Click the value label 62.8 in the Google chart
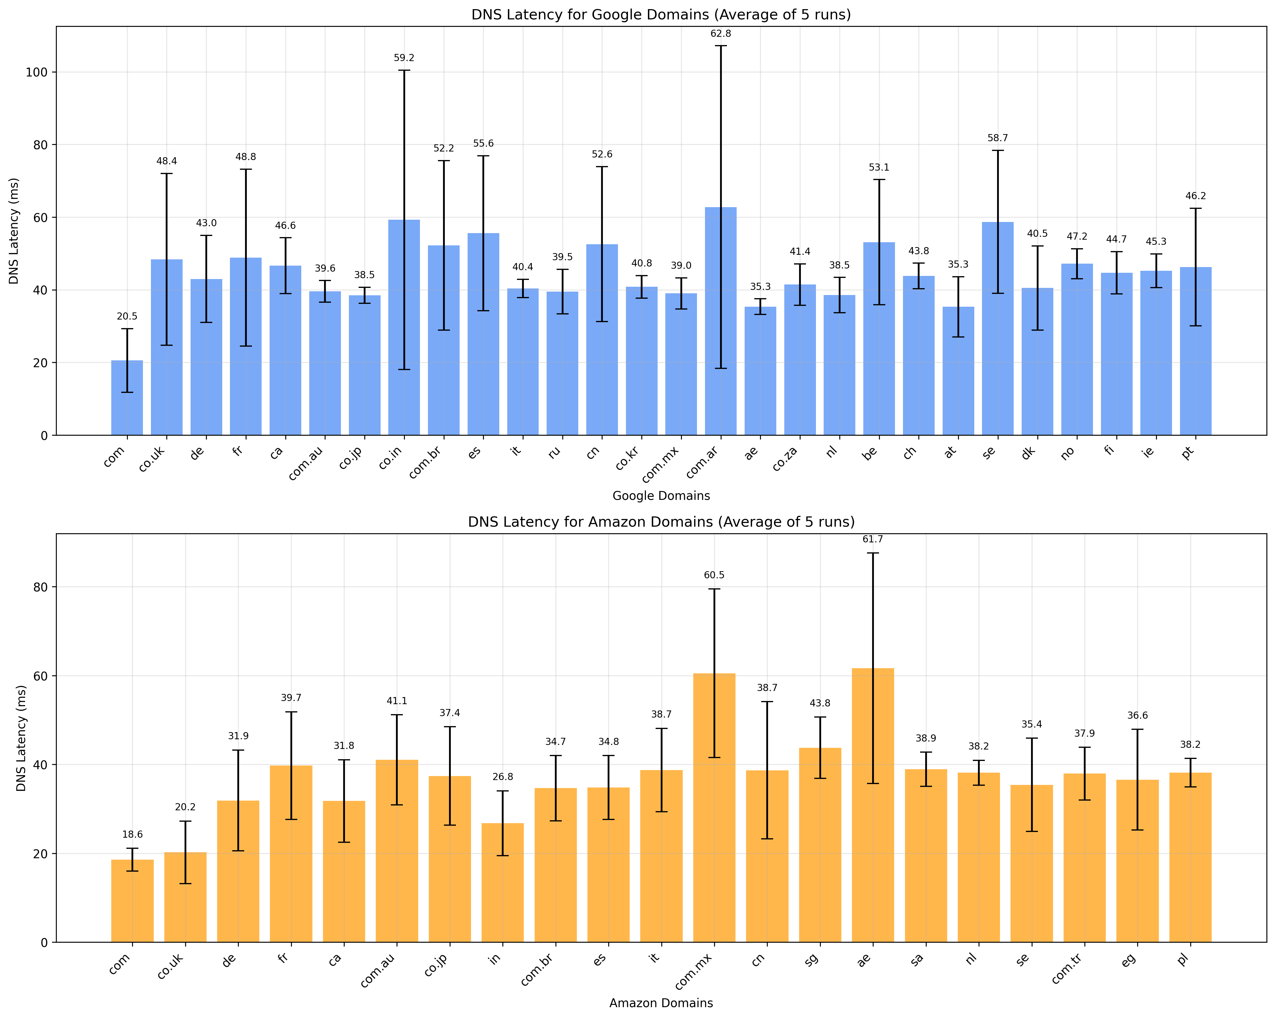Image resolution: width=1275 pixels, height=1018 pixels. pos(720,34)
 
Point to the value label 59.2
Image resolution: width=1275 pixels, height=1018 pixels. pos(404,58)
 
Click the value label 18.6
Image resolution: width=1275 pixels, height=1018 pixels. pos(132,835)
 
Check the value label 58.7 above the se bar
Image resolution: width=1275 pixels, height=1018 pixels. pos(998,138)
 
